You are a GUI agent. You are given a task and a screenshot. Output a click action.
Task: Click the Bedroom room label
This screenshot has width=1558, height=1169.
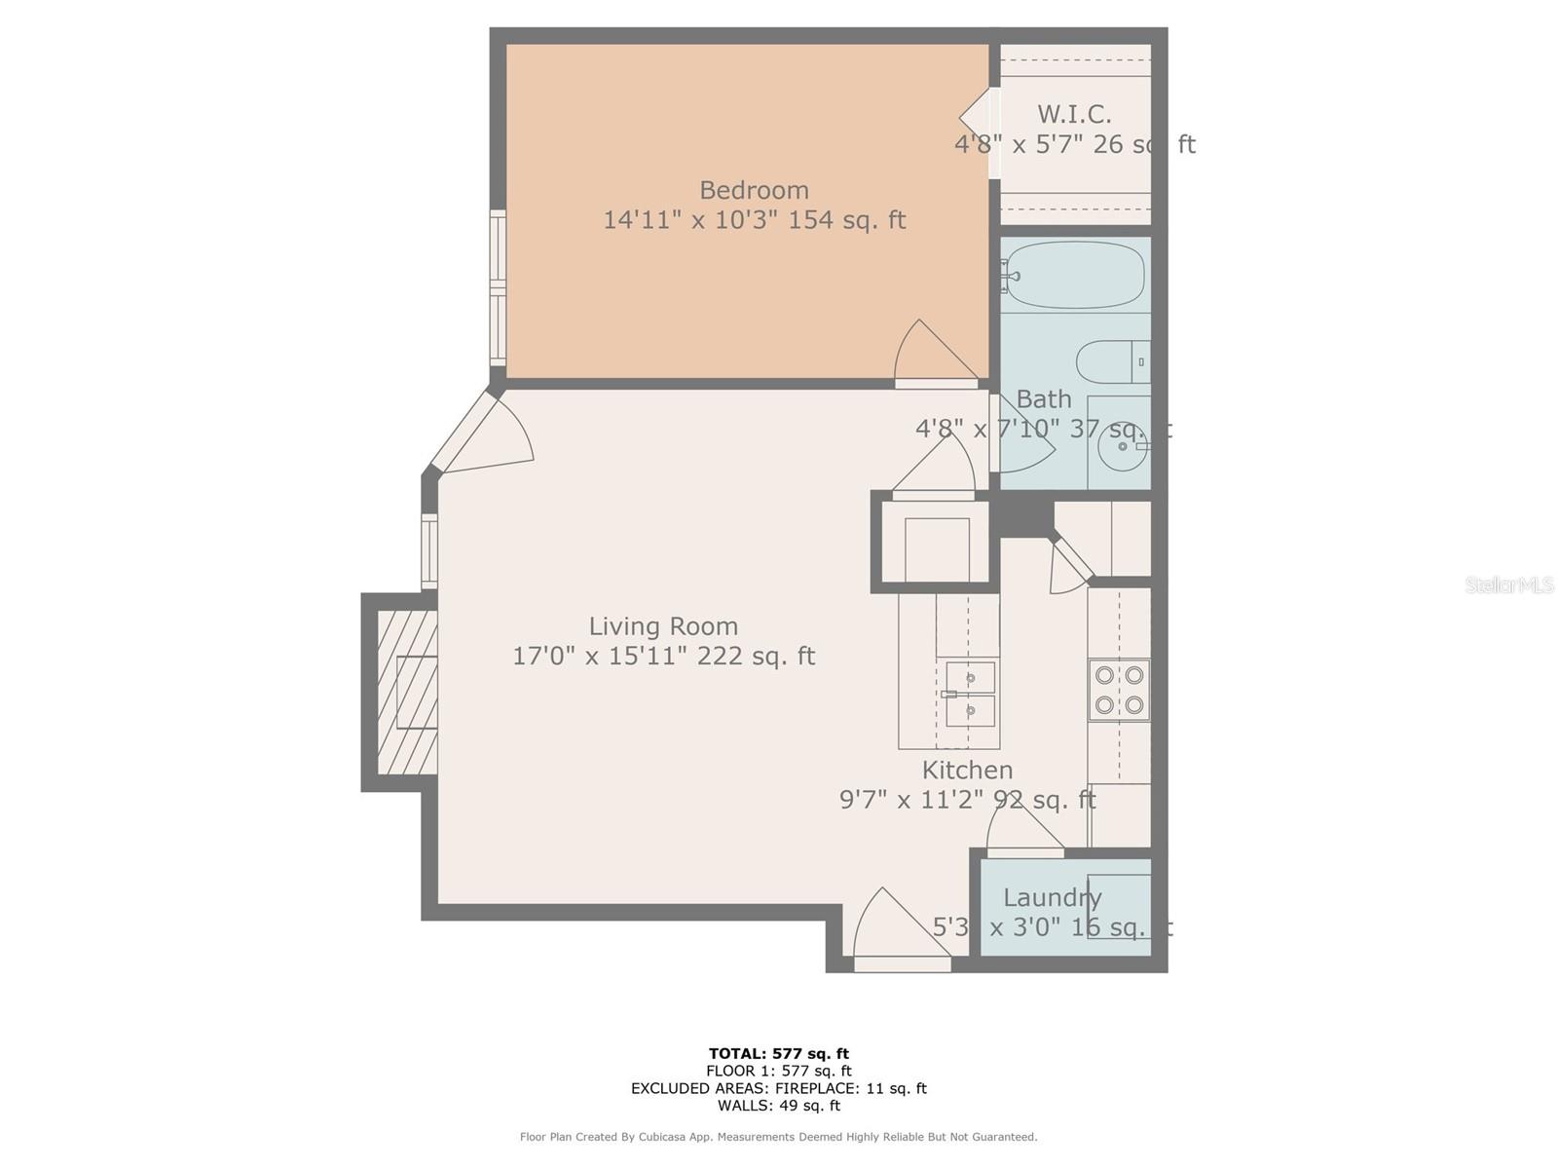click(754, 190)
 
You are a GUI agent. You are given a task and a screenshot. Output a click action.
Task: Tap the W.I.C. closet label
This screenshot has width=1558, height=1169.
click(1074, 114)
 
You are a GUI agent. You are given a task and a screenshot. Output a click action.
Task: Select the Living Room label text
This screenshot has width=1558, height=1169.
click(663, 626)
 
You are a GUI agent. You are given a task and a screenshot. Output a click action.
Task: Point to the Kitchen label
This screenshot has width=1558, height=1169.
click(967, 771)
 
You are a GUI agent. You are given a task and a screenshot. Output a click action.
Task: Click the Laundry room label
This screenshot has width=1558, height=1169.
click(1052, 898)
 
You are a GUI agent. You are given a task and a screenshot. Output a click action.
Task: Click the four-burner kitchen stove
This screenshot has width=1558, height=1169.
click(1119, 690)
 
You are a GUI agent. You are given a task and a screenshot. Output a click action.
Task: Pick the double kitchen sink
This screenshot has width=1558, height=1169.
click(970, 694)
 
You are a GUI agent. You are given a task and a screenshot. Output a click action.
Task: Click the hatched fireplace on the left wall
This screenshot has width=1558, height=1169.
click(407, 693)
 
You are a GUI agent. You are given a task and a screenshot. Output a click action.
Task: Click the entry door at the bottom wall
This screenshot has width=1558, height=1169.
click(896, 930)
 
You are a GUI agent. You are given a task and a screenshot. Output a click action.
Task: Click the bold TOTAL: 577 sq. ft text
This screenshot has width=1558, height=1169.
click(778, 1053)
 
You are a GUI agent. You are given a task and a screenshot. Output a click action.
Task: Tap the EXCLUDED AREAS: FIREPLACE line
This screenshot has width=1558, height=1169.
click(778, 1088)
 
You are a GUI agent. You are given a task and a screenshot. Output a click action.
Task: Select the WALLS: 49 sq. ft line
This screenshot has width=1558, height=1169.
click(778, 1106)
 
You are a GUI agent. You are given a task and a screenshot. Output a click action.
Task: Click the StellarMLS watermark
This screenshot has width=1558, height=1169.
click(1508, 585)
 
